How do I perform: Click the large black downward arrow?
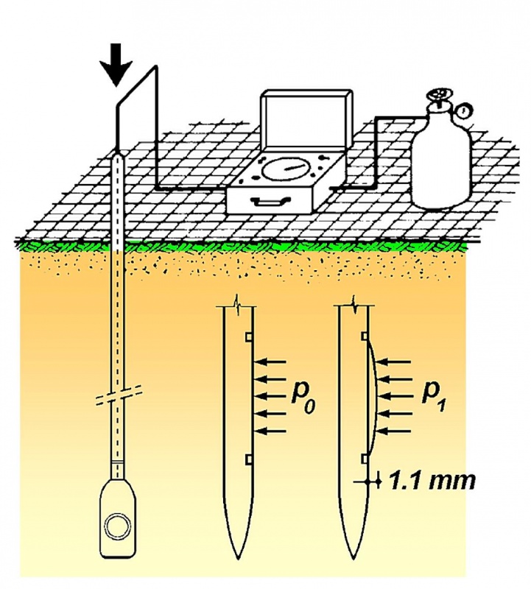click(x=117, y=64)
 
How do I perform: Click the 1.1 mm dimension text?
click(x=431, y=482)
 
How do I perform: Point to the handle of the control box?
click(x=271, y=201)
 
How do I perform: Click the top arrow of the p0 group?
click(x=270, y=362)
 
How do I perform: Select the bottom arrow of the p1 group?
click(x=394, y=431)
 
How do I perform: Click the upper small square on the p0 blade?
click(x=248, y=337)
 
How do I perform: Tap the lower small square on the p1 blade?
click(x=364, y=458)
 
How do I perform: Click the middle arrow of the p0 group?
click(x=270, y=396)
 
